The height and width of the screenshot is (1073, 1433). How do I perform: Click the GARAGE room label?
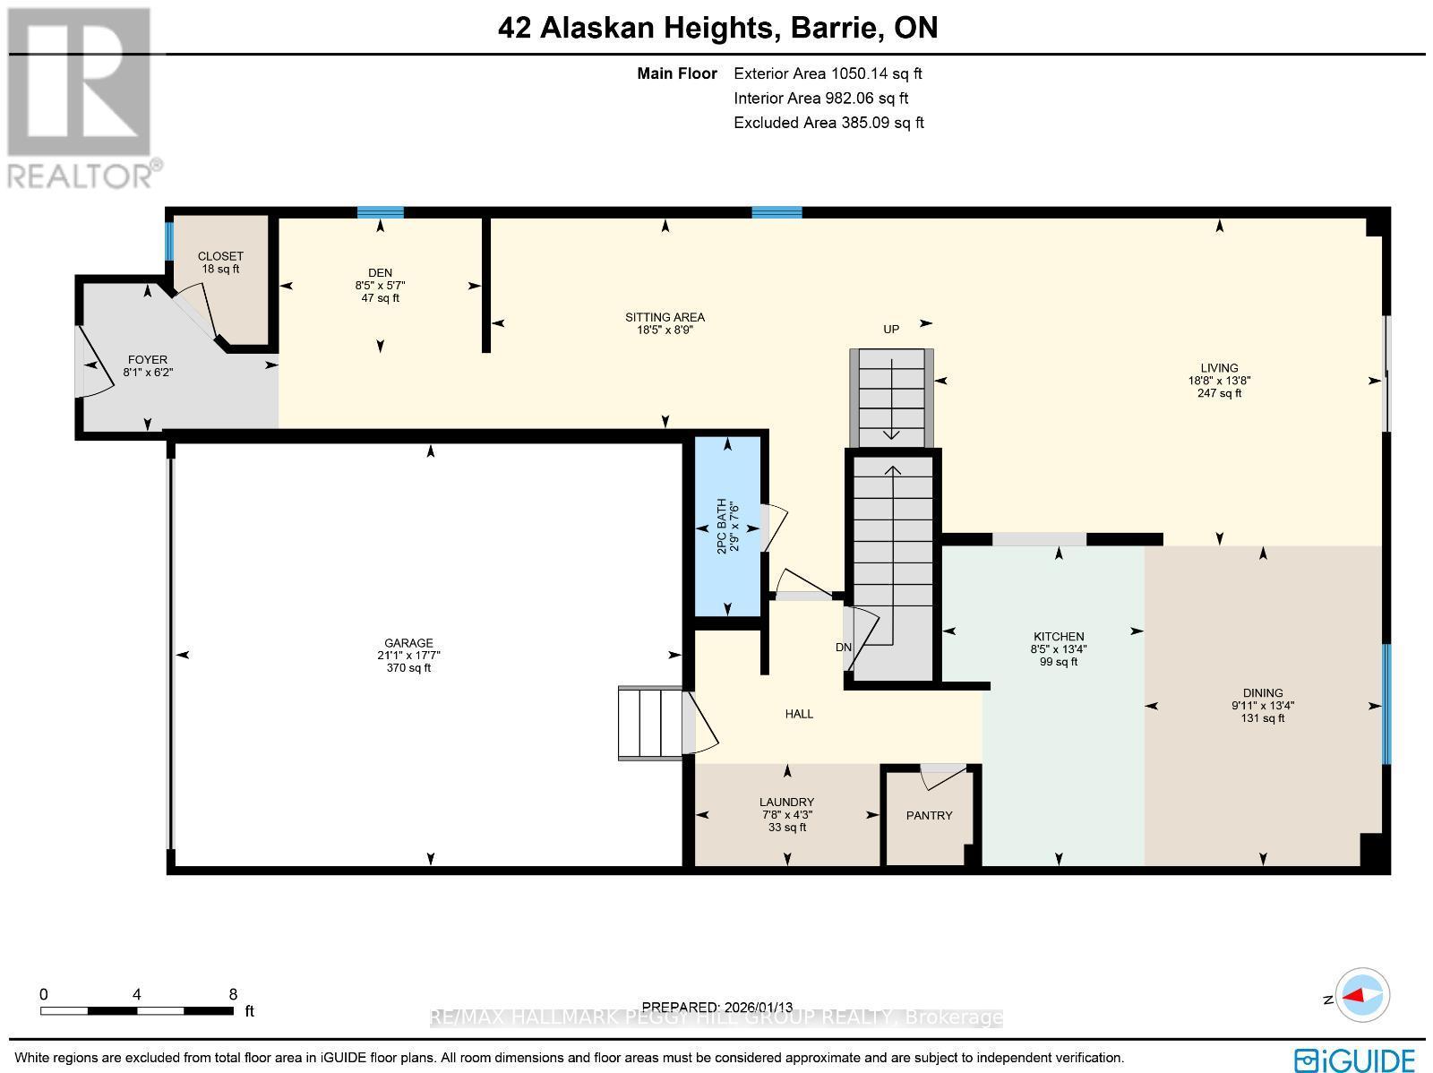(x=408, y=643)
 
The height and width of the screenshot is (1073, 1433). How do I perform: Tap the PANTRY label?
(x=929, y=815)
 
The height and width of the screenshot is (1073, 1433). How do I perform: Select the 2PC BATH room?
(x=728, y=527)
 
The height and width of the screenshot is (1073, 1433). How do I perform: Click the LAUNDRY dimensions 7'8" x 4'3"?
(x=787, y=815)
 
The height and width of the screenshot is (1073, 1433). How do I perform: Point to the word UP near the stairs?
(x=890, y=330)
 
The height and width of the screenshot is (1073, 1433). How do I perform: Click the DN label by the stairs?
(x=843, y=648)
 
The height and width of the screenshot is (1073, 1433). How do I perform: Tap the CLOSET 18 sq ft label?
(x=220, y=262)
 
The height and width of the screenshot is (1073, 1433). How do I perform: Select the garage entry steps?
(x=650, y=723)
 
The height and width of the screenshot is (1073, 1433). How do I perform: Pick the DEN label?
(x=380, y=273)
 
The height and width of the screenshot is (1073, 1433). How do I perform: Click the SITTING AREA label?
(x=665, y=317)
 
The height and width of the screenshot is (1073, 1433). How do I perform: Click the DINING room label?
(x=1263, y=692)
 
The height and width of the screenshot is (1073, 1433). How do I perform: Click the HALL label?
(x=799, y=714)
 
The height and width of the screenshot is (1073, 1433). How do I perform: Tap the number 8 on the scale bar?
(x=233, y=994)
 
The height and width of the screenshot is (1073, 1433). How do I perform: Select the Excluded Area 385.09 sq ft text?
(x=828, y=123)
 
